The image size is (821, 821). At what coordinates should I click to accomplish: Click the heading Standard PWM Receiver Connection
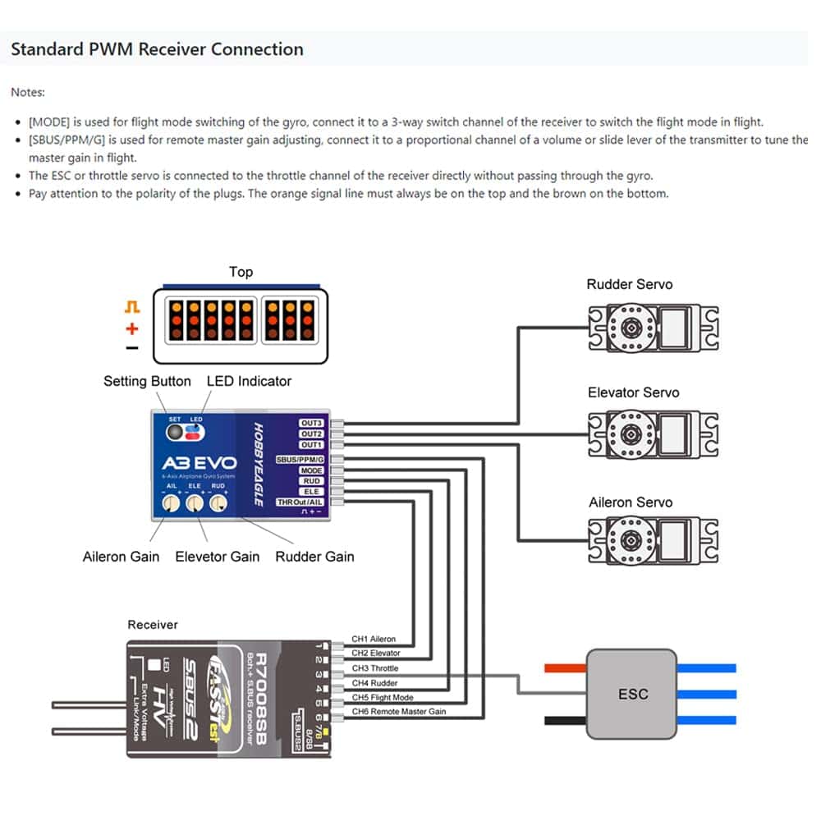[x=157, y=49]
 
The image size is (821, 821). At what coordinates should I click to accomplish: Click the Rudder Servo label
[x=629, y=284]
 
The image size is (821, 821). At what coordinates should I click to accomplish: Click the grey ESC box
[x=631, y=694]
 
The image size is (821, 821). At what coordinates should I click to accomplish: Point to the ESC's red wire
[x=565, y=668]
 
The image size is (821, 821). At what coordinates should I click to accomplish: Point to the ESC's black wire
[x=565, y=720]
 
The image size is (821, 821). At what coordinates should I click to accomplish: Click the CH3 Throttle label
[x=375, y=668]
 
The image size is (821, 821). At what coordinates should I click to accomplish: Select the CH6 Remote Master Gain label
[x=399, y=711]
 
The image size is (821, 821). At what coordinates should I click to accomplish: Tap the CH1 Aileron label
[x=374, y=639]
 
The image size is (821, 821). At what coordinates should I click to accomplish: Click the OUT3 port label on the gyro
[x=311, y=424]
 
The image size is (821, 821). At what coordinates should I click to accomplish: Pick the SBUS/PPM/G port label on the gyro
[x=300, y=459]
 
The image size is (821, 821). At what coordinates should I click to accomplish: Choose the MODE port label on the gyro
[x=311, y=470]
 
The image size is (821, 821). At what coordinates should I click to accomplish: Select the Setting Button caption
[x=147, y=381]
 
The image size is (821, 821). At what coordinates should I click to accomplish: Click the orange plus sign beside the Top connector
[x=132, y=329]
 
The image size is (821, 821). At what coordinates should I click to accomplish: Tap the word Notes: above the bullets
[x=28, y=92]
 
